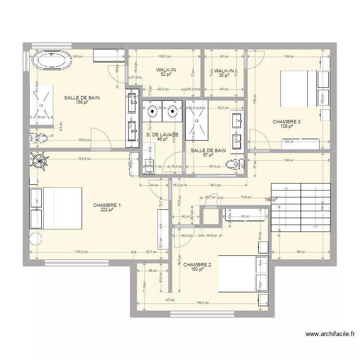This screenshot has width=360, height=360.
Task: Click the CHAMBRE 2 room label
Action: [x=197, y=264]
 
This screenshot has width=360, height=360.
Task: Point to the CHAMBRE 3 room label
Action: [x=287, y=122]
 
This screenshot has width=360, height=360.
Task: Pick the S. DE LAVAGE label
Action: [x=162, y=135]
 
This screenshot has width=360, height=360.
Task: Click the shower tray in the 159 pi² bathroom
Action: [x=44, y=102]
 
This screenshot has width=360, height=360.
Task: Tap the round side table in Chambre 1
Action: [x=36, y=240]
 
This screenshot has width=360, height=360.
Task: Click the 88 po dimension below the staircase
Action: [x=300, y=252]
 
